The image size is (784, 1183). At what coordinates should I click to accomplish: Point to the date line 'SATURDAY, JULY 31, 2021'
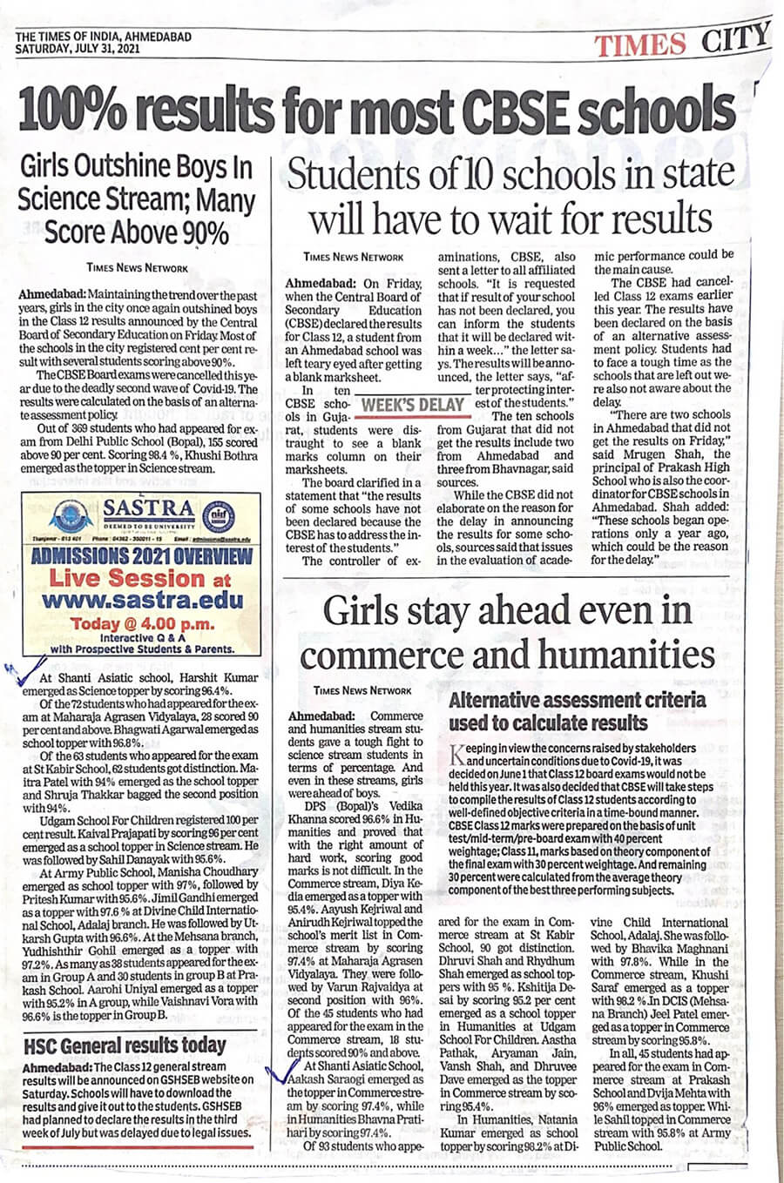click(77, 50)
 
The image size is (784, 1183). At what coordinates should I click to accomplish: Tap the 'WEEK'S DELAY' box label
click(413, 404)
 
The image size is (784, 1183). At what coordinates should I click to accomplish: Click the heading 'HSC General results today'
click(124, 1044)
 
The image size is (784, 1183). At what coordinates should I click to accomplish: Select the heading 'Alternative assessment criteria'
click(577, 699)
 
